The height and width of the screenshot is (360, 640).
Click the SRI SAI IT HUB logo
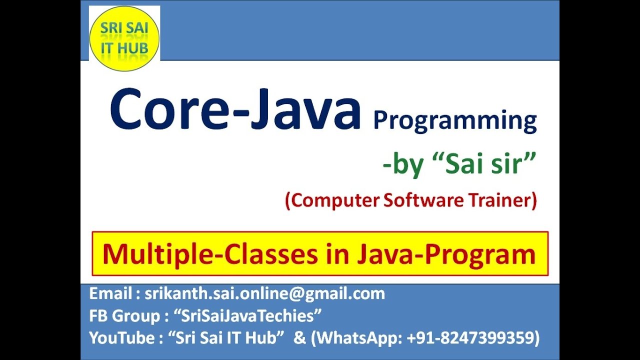coord(124,38)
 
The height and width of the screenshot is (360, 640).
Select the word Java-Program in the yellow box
coord(446,254)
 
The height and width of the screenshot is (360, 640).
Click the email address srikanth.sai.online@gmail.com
coord(264,293)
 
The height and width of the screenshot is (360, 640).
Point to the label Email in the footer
coord(108,293)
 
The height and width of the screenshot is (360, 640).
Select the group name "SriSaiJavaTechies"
coord(247,315)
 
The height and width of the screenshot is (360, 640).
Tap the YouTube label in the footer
coord(121,338)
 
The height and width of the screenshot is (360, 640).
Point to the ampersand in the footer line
coord(300,338)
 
